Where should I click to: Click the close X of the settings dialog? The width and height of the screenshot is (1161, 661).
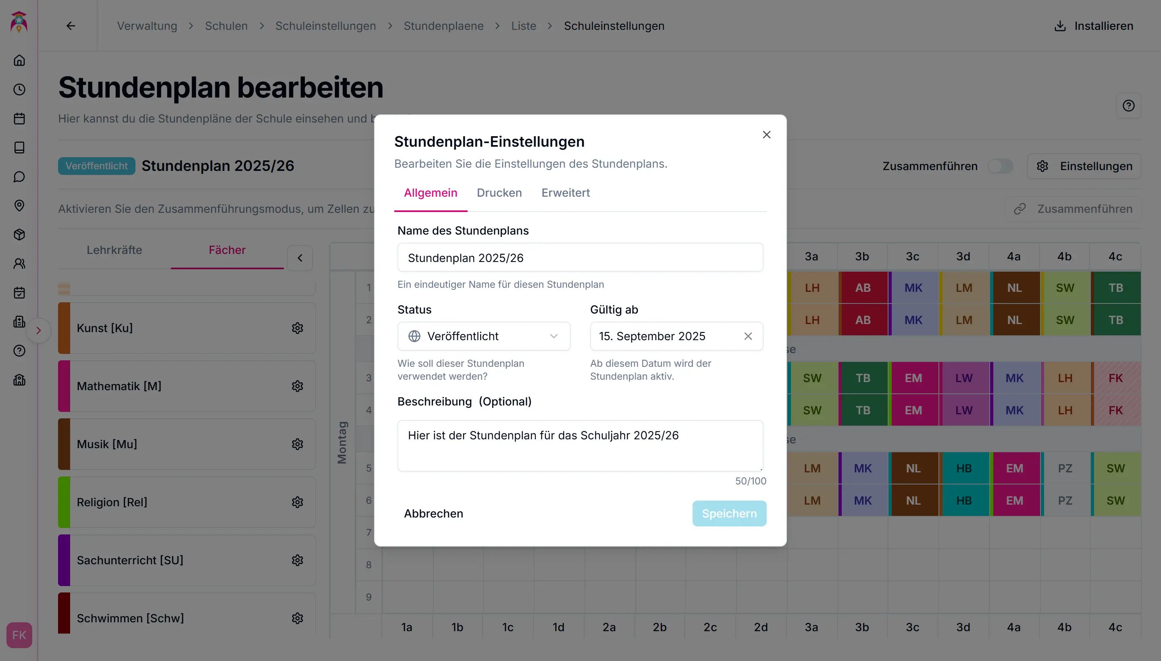click(766, 135)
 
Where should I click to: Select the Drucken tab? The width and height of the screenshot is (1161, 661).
click(499, 193)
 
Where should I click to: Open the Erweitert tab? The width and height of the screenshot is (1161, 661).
click(565, 193)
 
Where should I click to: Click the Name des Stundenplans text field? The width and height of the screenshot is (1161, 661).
click(580, 258)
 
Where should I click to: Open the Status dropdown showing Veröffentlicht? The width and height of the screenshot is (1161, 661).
click(484, 337)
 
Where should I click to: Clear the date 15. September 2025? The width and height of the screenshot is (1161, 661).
click(748, 337)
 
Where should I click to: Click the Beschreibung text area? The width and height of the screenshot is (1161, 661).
click(580, 445)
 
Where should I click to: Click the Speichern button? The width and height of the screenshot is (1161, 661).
click(729, 513)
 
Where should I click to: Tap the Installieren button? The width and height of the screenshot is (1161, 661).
click(1094, 26)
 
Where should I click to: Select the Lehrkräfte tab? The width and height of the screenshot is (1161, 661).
click(114, 250)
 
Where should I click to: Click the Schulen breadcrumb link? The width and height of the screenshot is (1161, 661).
click(226, 26)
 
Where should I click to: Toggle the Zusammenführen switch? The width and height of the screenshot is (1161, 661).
click(1000, 166)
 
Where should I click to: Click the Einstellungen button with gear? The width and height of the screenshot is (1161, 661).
click(1084, 166)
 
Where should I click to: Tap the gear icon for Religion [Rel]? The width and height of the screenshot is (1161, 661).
click(298, 503)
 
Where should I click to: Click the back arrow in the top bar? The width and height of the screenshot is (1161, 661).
click(71, 26)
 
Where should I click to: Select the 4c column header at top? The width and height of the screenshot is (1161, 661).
click(1115, 256)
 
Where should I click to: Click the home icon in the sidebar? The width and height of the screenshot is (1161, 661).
click(19, 60)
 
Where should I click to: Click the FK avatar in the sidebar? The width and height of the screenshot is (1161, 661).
click(19, 635)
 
